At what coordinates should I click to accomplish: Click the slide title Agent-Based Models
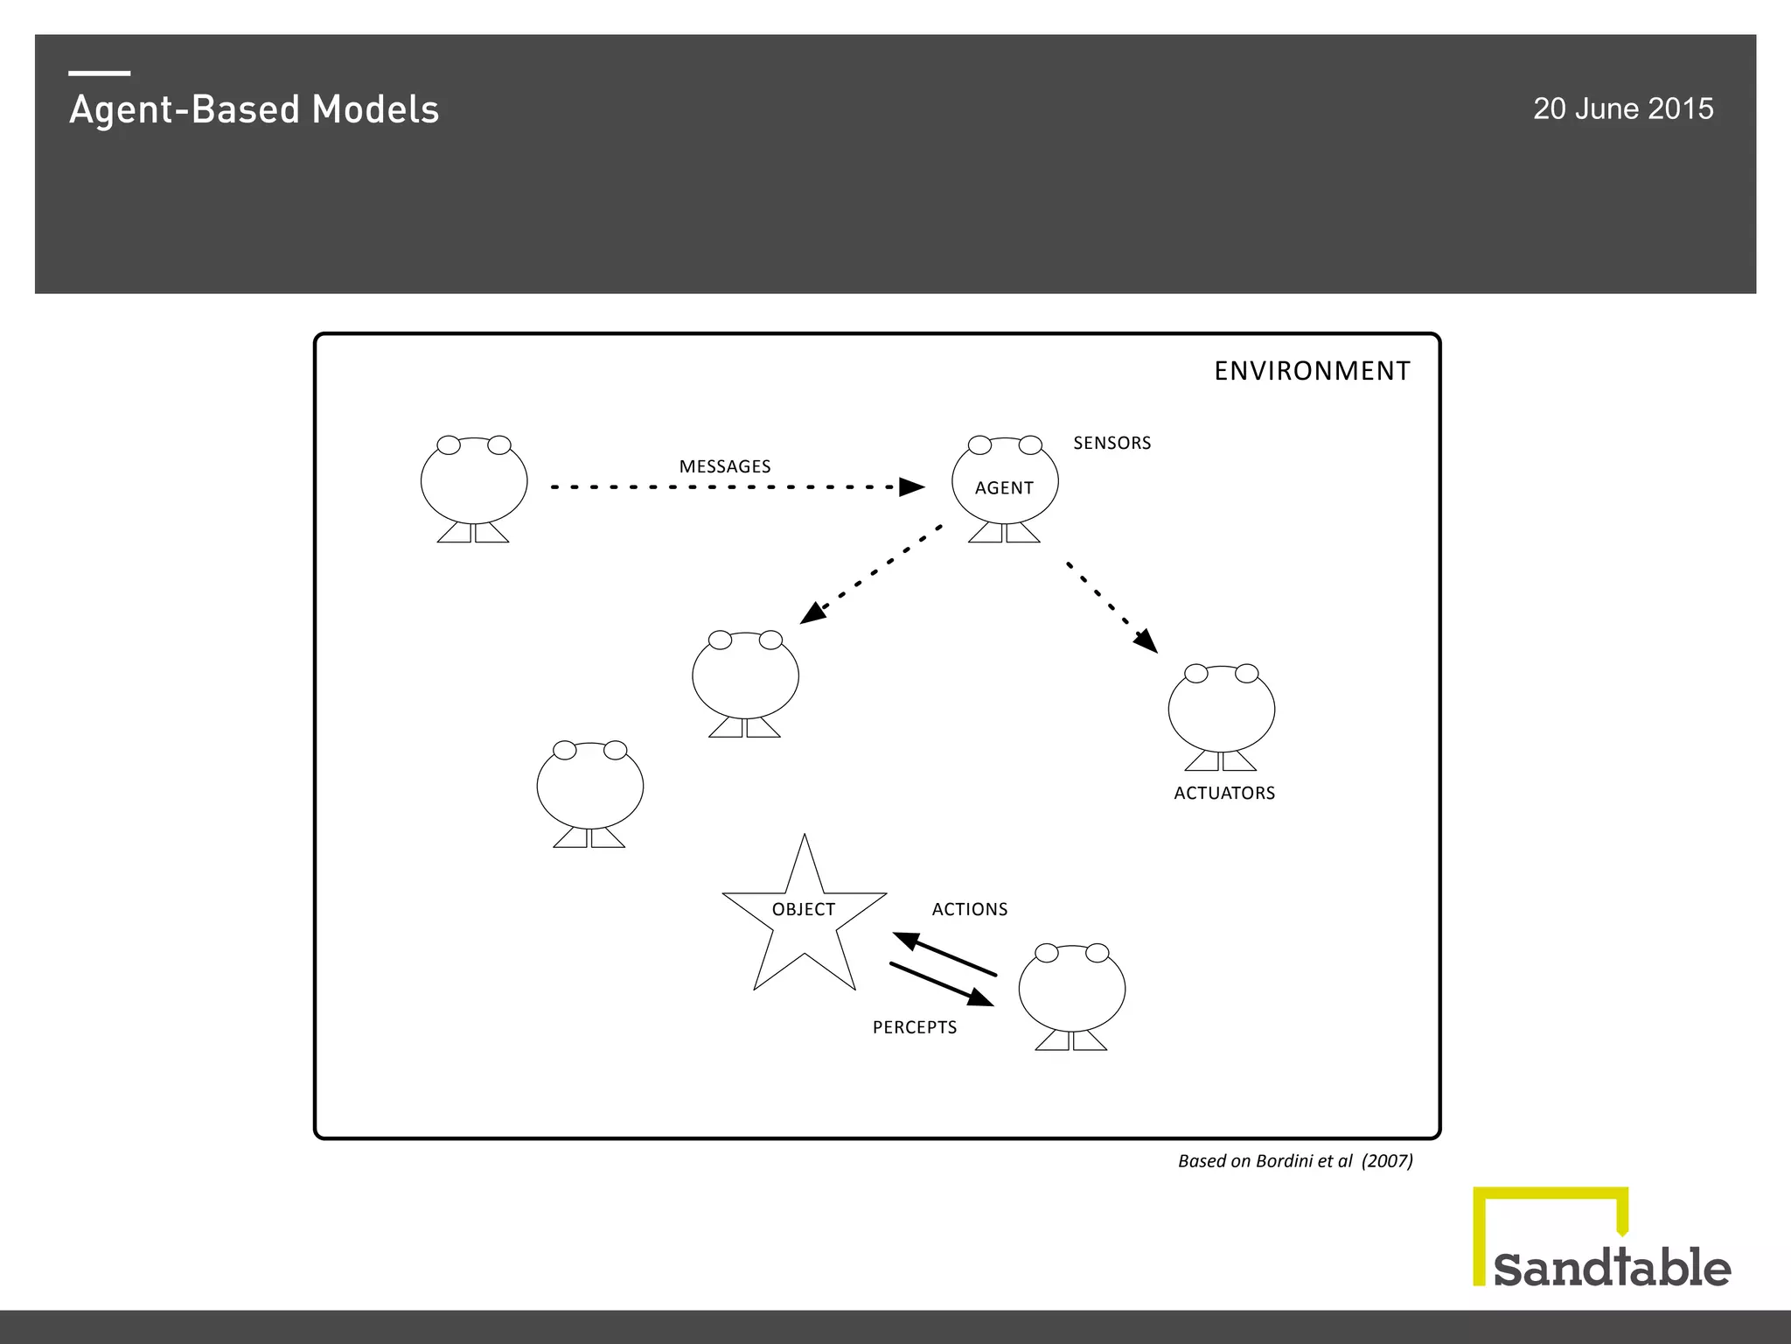(254, 110)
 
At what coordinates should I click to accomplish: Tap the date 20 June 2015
(1622, 108)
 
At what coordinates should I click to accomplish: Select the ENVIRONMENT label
(1312, 371)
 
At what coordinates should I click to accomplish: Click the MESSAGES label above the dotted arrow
(725, 466)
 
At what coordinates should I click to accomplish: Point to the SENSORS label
(1112, 443)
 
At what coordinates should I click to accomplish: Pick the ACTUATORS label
(1223, 793)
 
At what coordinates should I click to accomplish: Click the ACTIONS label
(969, 909)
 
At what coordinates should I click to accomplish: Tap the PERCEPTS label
(915, 1027)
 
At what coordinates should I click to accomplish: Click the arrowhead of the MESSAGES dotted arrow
(912, 486)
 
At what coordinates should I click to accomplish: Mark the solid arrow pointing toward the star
(944, 955)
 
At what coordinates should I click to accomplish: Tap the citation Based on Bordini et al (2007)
(1294, 1161)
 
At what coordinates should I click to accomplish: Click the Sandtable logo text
(1612, 1268)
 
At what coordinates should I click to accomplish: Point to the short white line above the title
(100, 73)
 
